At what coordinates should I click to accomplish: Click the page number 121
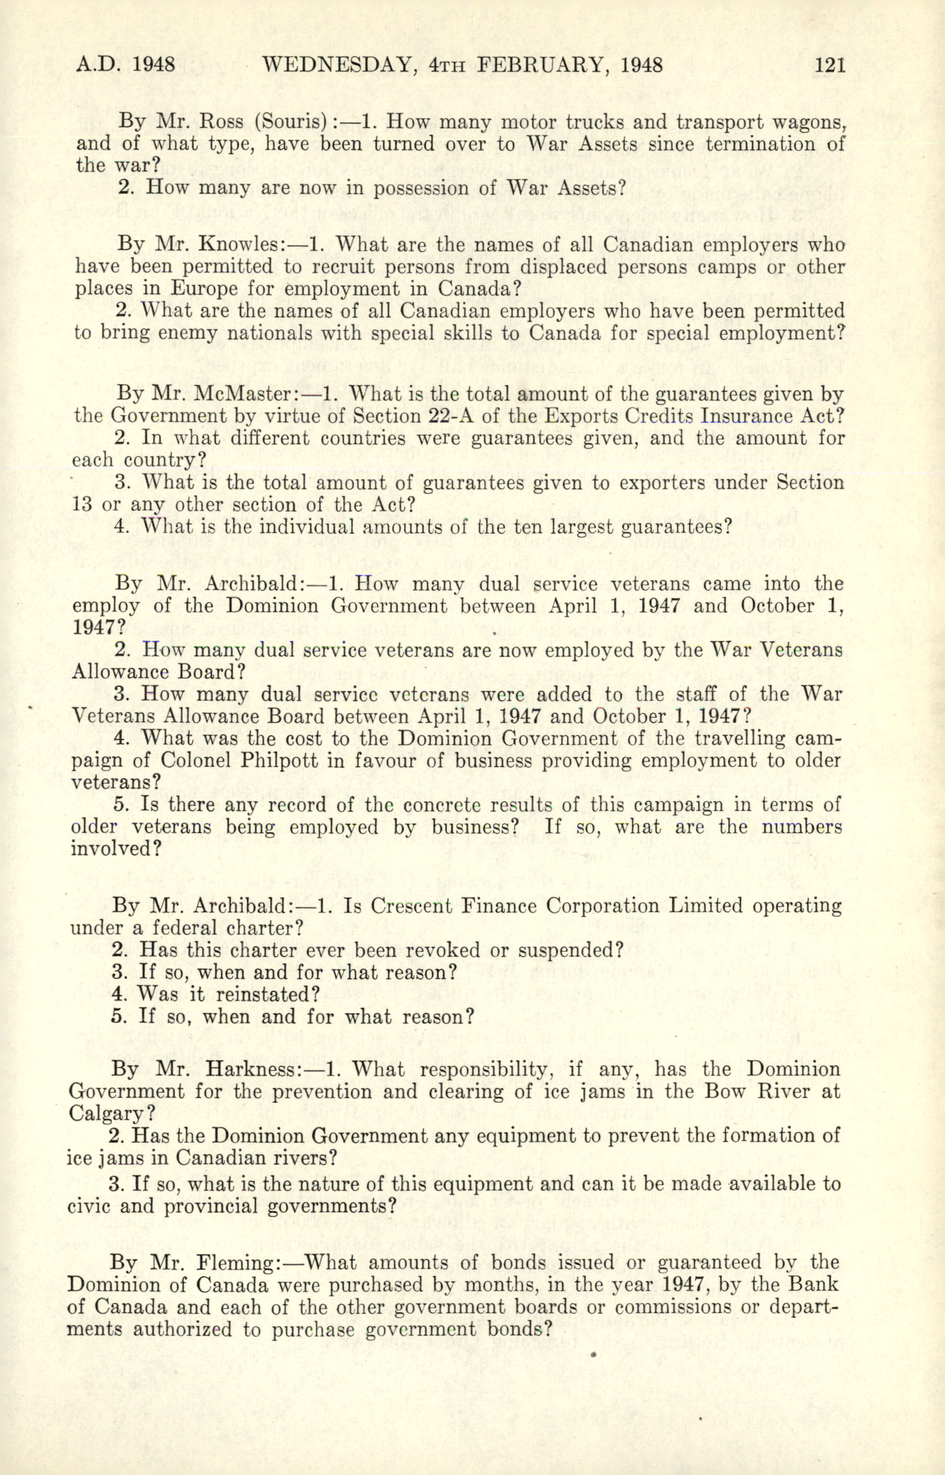(x=829, y=64)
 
